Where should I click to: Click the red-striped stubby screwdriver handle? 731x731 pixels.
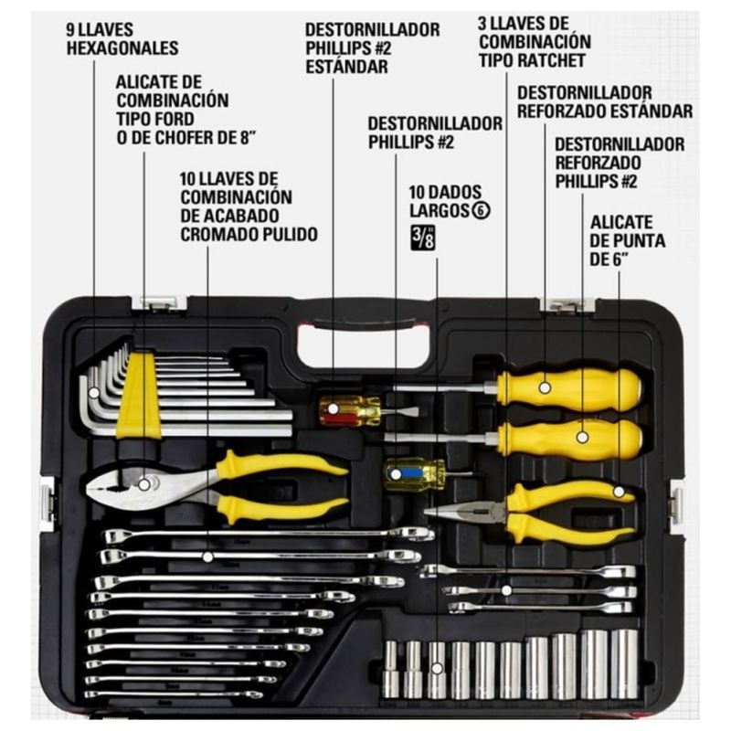pos(350,410)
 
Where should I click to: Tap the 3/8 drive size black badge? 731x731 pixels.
pos(423,238)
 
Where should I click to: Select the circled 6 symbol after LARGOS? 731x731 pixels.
pos(482,211)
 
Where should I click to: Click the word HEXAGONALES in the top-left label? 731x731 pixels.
pos(122,48)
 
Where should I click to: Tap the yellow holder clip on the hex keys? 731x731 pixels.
pos(139,396)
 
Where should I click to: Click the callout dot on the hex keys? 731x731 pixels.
pos(94,393)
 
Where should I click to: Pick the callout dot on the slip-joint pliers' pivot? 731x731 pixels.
pos(144,485)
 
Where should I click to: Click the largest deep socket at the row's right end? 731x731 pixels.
pos(624,664)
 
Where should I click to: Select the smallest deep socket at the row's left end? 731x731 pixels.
pos(391,670)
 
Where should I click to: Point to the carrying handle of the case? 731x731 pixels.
pos(365,322)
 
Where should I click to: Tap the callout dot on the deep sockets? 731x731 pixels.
pos(437,668)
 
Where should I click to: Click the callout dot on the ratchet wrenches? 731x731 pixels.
pos(507,590)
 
